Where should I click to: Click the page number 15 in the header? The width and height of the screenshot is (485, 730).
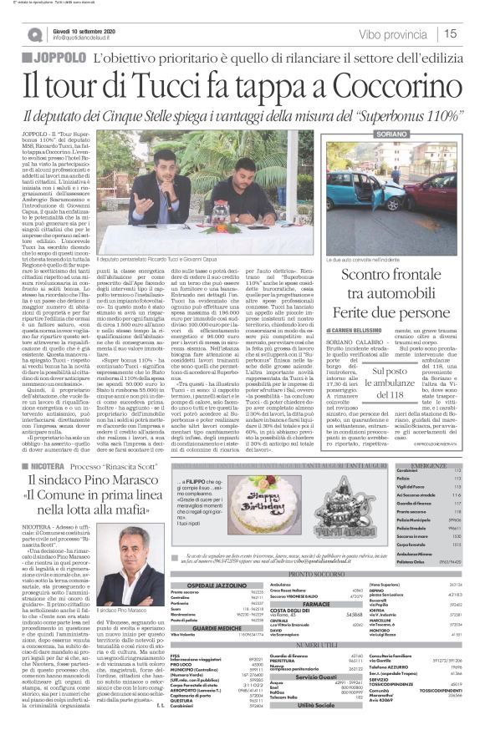[451, 34]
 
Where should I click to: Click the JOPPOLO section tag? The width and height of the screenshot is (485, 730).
[61, 58]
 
